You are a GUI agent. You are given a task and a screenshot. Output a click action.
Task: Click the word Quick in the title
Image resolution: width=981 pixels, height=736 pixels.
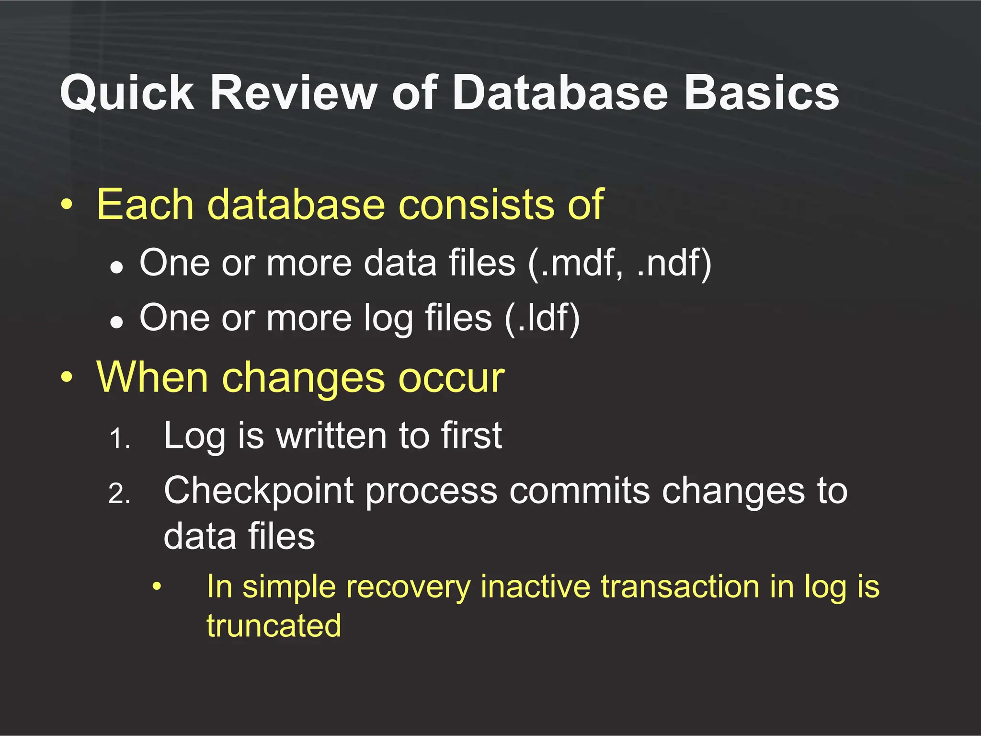tap(127, 93)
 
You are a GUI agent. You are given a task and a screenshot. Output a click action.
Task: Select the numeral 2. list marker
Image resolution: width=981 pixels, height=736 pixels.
tap(119, 494)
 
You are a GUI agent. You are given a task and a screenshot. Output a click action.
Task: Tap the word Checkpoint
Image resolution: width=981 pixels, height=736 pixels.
tap(258, 492)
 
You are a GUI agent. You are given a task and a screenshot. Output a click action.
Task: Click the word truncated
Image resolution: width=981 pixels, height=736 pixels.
tap(274, 626)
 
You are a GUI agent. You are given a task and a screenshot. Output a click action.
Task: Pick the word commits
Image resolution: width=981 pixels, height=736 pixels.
tap(579, 491)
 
